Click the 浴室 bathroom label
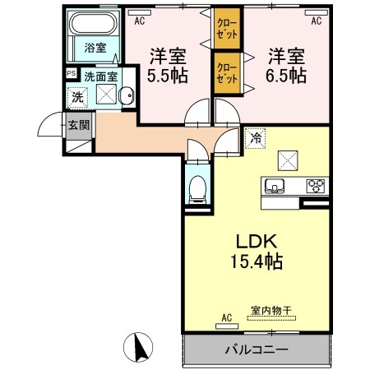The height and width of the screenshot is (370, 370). click(x=95, y=48)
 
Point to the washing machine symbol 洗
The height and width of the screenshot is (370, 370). click(x=76, y=95)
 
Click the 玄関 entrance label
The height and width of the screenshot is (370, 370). click(x=79, y=125)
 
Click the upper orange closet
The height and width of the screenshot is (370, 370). click(x=228, y=30)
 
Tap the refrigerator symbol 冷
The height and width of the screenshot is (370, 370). click(x=256, y=138)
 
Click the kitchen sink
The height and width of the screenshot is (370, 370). click(x=274, y=184)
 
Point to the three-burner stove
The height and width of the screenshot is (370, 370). click(x=315, y=184)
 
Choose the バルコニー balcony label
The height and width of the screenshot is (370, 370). click(x=256, y=349)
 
